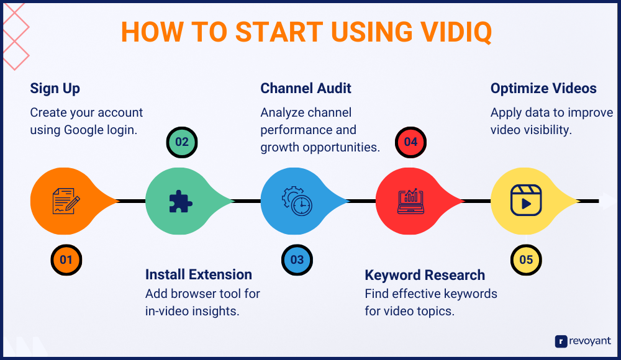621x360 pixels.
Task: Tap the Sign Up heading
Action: pyautogui.click(x=55, y=89)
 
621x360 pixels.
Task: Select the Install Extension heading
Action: pyautogui.click(x=198, y=274)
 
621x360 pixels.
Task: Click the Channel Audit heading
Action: pyautogui.click(x=306, y=89)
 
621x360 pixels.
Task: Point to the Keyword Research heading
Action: pyautogui.click(x=425, y=275)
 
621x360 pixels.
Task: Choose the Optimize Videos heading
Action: pyautogui.click(x=543, y=89)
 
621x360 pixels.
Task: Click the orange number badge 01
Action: pyautogui.click(x=66, y=259)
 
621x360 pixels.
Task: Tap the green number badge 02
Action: pyautogui.click(x=181, y=142)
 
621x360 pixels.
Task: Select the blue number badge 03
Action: pyautogui.click(x=297, y=259)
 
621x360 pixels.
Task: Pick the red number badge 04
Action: pyautogui.click(x=410, y=142)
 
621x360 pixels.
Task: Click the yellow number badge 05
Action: pyautogui.click(x=526, y=259)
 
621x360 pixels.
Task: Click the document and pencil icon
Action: pyautogui.click(x=65, y=201)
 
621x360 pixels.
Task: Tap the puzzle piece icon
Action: pyautogui.click(x=180, y=201)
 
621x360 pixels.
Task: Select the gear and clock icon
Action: pyautogui.click(x=296, y=201)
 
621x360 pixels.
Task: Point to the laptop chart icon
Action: pyautogui.click(x=410, y=201)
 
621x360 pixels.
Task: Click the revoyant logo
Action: pyautogui.click(x=583, y=341)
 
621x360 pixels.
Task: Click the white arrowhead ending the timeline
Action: pyautogui.click(x=607, y=200)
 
